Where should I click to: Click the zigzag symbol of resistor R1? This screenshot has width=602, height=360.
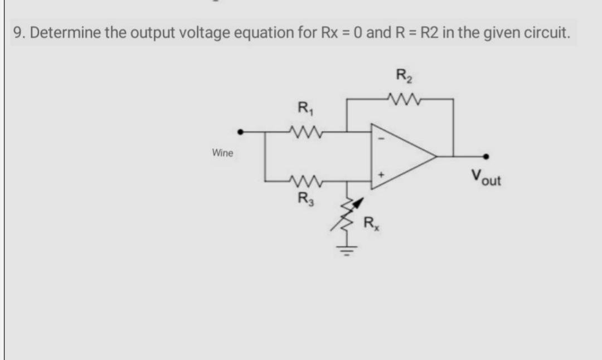pos(304,132)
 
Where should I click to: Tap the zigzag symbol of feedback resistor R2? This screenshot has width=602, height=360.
pos(402,100)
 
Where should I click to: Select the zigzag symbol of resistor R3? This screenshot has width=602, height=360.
pos(304,181)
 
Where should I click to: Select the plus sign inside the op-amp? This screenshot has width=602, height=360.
pos(382,175)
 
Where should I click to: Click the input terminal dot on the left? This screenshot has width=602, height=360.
pos(240,132)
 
